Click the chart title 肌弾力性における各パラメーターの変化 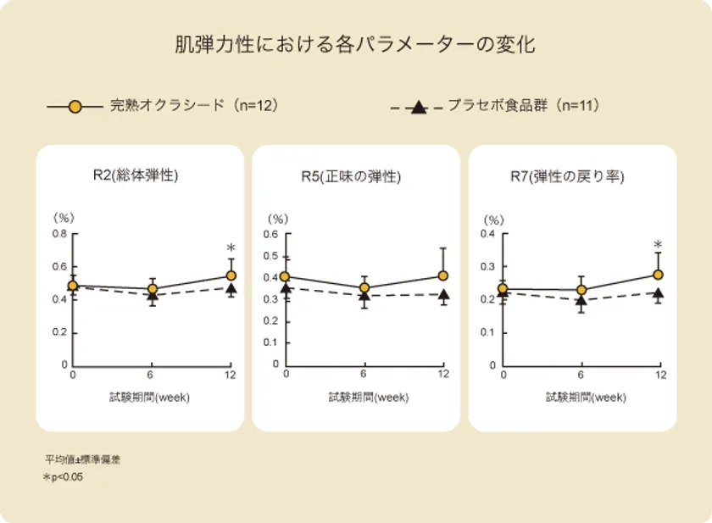355,45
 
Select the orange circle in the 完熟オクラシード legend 75,107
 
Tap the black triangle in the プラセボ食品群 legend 417,108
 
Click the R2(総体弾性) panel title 136,176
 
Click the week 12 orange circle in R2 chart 231,275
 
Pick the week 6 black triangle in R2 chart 153,296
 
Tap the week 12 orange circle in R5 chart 443,275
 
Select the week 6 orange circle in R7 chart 581,290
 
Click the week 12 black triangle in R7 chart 659,293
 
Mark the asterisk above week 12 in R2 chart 231,248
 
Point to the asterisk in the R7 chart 658,246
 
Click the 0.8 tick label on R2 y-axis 61,234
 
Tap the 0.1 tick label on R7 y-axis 491,332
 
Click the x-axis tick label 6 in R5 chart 364,375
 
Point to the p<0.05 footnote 65,477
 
